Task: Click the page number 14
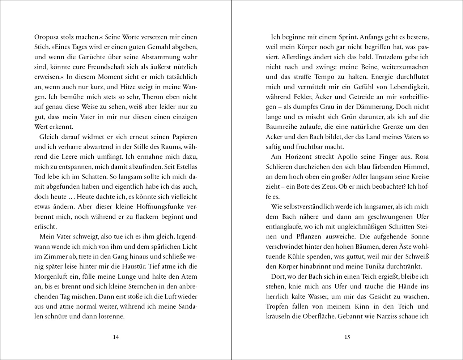[116, 338]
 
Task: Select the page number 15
[347, 338]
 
